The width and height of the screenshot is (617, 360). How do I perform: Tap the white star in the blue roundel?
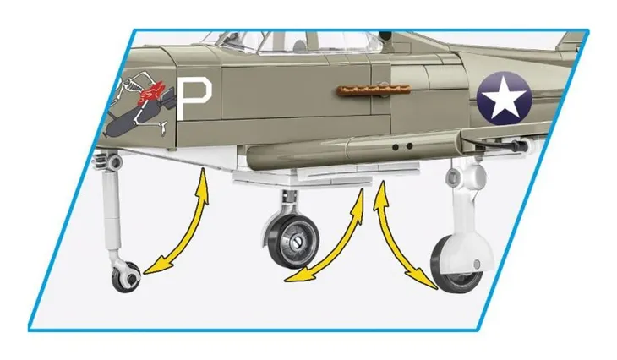click(x=504, y=99)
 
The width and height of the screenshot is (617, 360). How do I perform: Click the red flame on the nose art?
click(x=150, y=93)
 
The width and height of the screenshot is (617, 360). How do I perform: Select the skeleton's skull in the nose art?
click(x=128, y=84)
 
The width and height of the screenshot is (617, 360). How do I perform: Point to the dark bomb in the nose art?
click(x=131, y=119)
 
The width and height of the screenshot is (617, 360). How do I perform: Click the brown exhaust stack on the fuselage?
click(x=374, y=90)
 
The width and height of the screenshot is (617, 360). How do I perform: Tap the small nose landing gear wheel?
click(x=127, y=277)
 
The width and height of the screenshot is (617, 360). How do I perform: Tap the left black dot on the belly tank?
click(x=396, y=147)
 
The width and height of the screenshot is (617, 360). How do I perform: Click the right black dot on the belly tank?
click(x=409, y=146)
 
